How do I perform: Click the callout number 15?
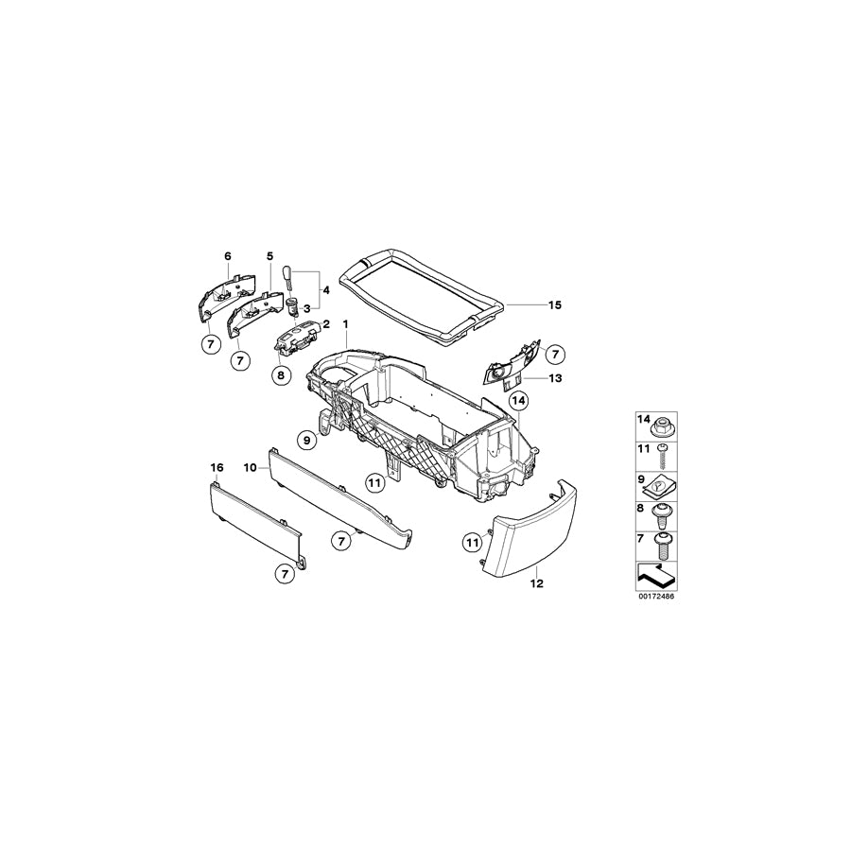554,304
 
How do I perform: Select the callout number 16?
217,468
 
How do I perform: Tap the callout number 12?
536,583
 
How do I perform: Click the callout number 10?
251,468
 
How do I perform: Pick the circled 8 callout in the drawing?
280,375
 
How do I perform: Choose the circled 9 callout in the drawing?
306,439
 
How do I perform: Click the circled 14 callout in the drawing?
518,401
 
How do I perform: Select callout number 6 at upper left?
227,256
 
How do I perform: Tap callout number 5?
269,256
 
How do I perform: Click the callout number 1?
346,324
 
